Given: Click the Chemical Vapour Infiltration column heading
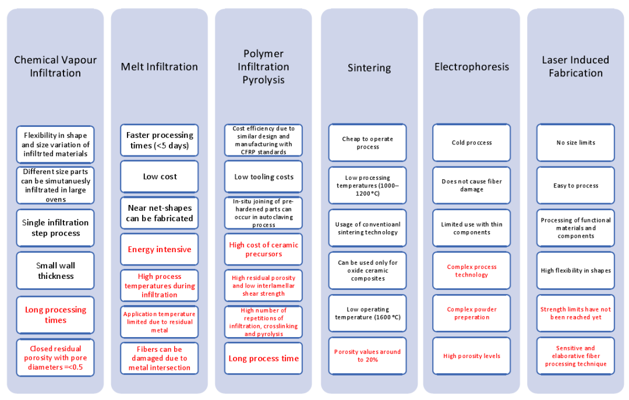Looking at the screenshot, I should point(55,66).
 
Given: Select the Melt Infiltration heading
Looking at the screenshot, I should point(159,67).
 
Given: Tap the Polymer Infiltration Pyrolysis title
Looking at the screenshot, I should point(263,66).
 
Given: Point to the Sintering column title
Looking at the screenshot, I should point(369,68).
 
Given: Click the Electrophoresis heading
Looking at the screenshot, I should point(471,67).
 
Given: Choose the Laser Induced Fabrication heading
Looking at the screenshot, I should point(575,66).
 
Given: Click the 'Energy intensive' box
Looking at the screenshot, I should point(160,249).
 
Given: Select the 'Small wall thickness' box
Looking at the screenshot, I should point(55,271).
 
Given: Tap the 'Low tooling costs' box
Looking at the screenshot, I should point(263,177).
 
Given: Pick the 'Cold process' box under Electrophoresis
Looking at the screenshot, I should point(471,143).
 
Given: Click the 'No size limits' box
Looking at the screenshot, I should point(575,143).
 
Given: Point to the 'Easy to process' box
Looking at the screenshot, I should point(575,186).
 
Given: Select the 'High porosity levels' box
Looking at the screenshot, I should point(471,356).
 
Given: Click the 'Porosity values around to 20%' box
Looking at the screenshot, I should point(367,356).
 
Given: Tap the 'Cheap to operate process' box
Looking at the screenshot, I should point(367,143).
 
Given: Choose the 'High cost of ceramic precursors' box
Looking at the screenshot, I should point(263,249).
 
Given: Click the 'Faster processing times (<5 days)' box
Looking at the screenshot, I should point(160,140).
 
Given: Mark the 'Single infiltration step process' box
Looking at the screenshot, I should point(55,228).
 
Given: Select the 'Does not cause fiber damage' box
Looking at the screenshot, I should point(471,186).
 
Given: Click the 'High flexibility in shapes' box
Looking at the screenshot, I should point(575,271).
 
